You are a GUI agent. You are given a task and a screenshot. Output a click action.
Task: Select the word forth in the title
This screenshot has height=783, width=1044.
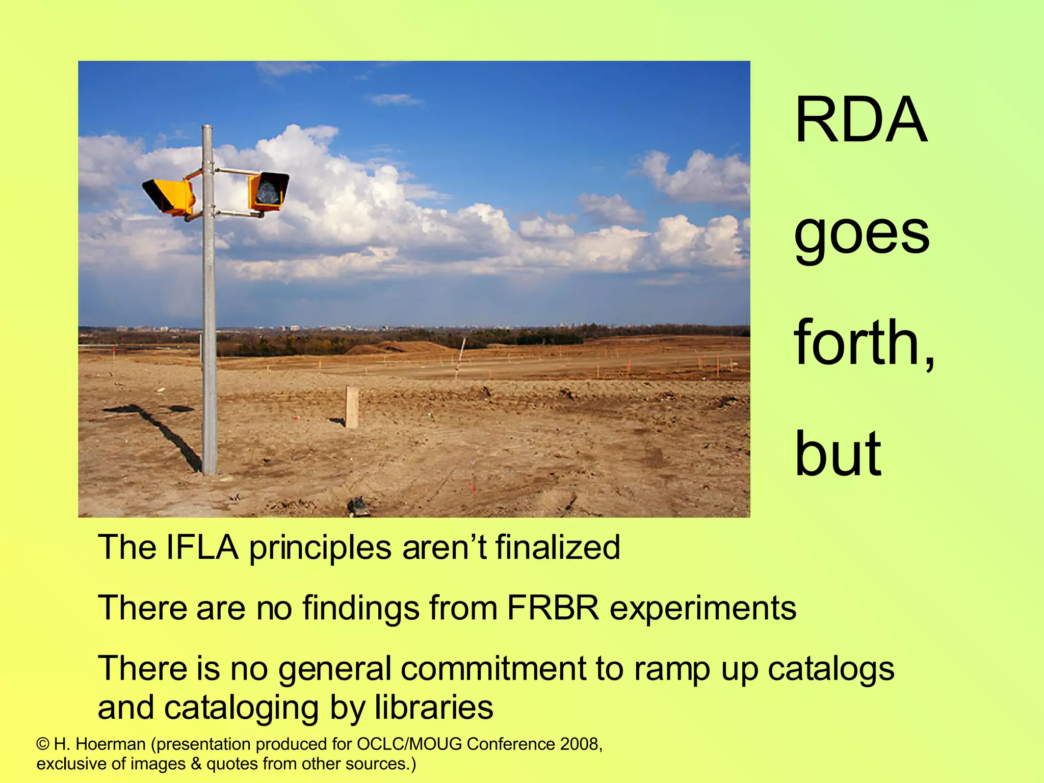coord(856,342)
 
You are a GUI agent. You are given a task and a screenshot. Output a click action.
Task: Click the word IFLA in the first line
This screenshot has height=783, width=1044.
coord(202,547)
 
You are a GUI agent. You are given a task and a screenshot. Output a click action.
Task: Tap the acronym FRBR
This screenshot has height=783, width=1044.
coord(553,608)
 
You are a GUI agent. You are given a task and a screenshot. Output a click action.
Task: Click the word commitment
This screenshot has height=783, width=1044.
coord(493,669)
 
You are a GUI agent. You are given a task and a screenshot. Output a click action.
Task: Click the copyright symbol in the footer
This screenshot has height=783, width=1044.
coord(43,745)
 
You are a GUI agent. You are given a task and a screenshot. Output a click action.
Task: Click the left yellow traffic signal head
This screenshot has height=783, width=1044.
coord(169,196)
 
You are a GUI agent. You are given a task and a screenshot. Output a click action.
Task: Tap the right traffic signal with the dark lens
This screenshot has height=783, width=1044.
coord(268,191)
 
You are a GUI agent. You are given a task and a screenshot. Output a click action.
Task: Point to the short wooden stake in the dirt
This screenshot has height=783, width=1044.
coord(352,406)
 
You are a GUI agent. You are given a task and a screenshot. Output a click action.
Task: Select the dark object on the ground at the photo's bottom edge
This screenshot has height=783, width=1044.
coord(358,507)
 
